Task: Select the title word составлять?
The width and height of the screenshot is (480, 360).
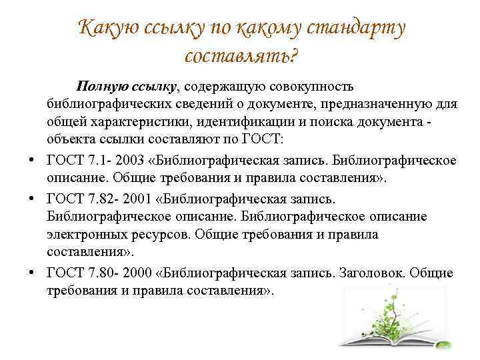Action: (x=241, y=56)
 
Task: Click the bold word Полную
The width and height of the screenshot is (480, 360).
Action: (x=102, y=87)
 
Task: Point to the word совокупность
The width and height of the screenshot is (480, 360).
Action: (x=311, y=87)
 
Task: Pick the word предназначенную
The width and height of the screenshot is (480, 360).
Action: (x=376, y=104)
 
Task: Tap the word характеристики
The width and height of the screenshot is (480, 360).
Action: (x=141, y=122)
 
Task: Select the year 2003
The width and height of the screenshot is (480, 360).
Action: (x=129, y=160)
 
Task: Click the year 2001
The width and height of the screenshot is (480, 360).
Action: (x=137, y=199)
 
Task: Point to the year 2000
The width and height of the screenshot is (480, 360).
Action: (x=137, y=273)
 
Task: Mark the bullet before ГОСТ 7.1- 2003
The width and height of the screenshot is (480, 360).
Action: (x=31, y=160)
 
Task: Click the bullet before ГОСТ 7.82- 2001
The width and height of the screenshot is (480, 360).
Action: (x=31, y=199)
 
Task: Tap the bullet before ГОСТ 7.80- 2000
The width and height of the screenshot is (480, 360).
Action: (x=31, y=273)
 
